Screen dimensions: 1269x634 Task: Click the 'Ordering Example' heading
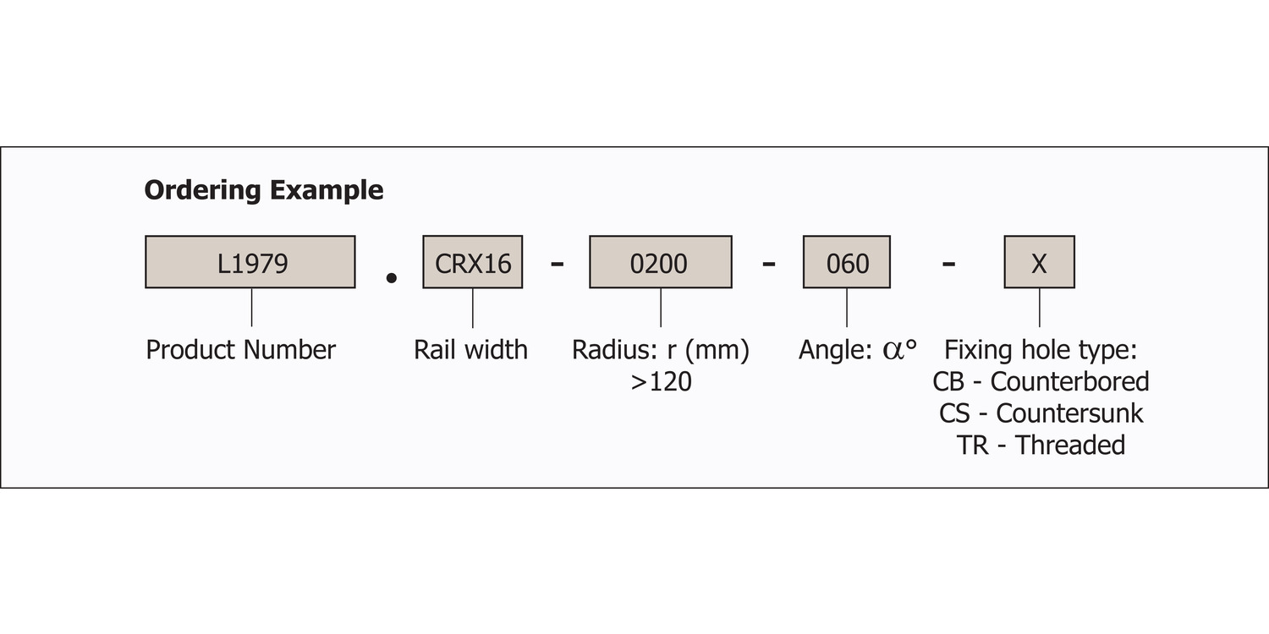click(x=264, y=190)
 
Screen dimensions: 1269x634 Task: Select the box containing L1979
click(x=250, y=262)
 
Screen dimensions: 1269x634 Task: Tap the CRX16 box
click(x=472, y=262)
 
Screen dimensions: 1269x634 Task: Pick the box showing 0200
click(x=661, y=262)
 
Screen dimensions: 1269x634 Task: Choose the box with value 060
click(x=847, y=262)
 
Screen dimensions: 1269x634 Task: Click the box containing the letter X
click(x=1040, y=262)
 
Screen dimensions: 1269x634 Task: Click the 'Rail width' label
click(x=470, y=350)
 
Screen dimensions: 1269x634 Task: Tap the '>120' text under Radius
click(x=661, y=382)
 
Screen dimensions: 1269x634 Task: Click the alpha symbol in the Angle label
click(x=893, y=352)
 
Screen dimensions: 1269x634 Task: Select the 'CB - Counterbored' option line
click(x=1041, y=382)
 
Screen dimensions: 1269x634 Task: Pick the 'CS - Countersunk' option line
click(x=1041, y=414)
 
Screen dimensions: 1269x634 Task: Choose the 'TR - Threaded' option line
click(x=1041, y=445)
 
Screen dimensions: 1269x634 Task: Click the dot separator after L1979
click(x=391, y=278)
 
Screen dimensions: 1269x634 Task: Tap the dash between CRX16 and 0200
click(x=557, y=263)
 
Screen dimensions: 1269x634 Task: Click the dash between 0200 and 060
click(x=769, y=263)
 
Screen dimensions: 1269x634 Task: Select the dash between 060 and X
click(x=949, y=263)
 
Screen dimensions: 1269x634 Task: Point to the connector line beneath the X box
click(x=1040, y=308)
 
